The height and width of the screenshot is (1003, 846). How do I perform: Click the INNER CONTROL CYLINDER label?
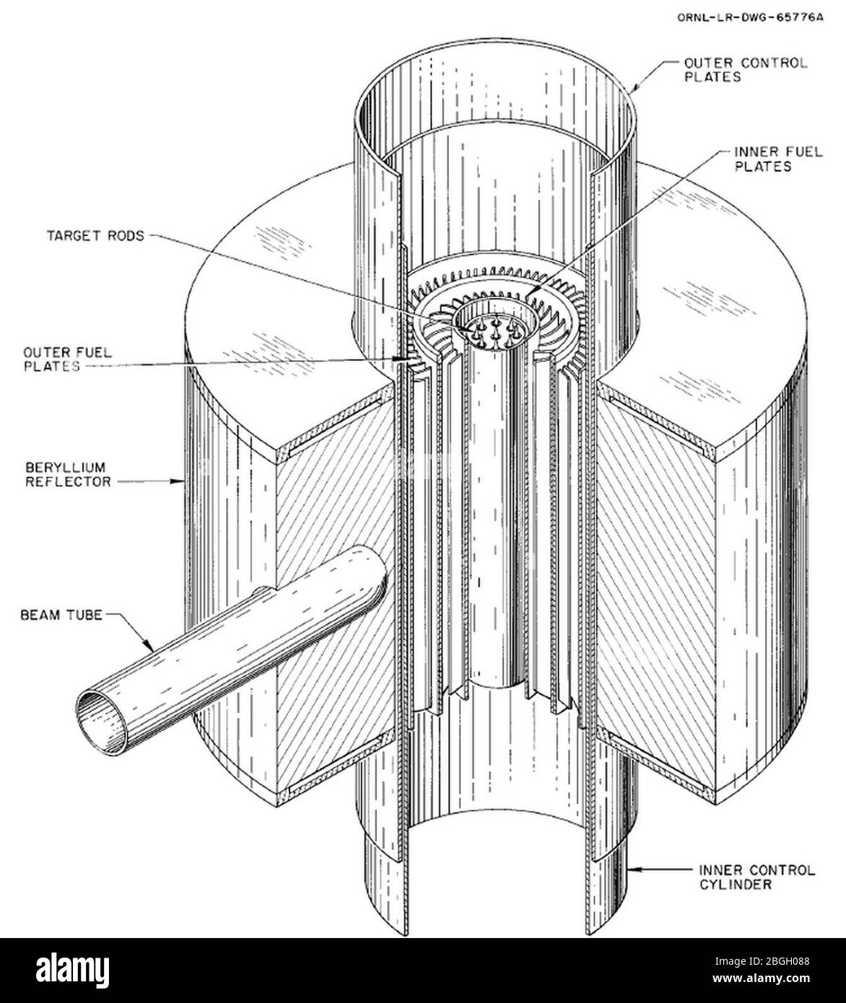click(756, 877)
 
